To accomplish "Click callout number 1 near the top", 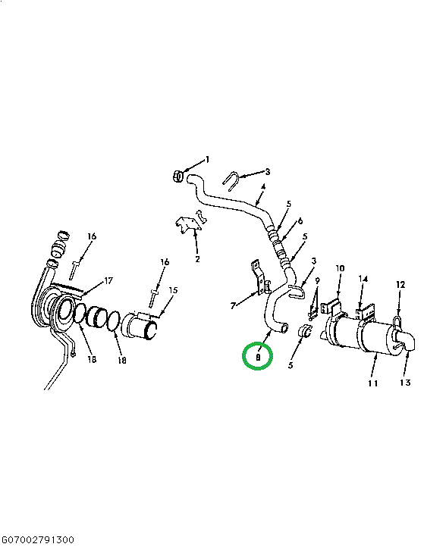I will pos(207,160).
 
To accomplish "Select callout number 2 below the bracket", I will pos(197,259).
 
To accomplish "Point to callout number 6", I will pos(300,221).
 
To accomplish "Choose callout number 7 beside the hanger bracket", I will pos(234,306).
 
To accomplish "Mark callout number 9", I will pos(318,282).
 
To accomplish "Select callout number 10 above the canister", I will pos(340,268).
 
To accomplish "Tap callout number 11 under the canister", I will pos(372,383).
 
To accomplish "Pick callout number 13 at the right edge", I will pos(404,383).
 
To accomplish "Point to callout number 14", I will pos(363,280).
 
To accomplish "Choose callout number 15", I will pos(173,290).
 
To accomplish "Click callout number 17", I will pos(108,281).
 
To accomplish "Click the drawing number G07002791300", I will pos(37,539).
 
